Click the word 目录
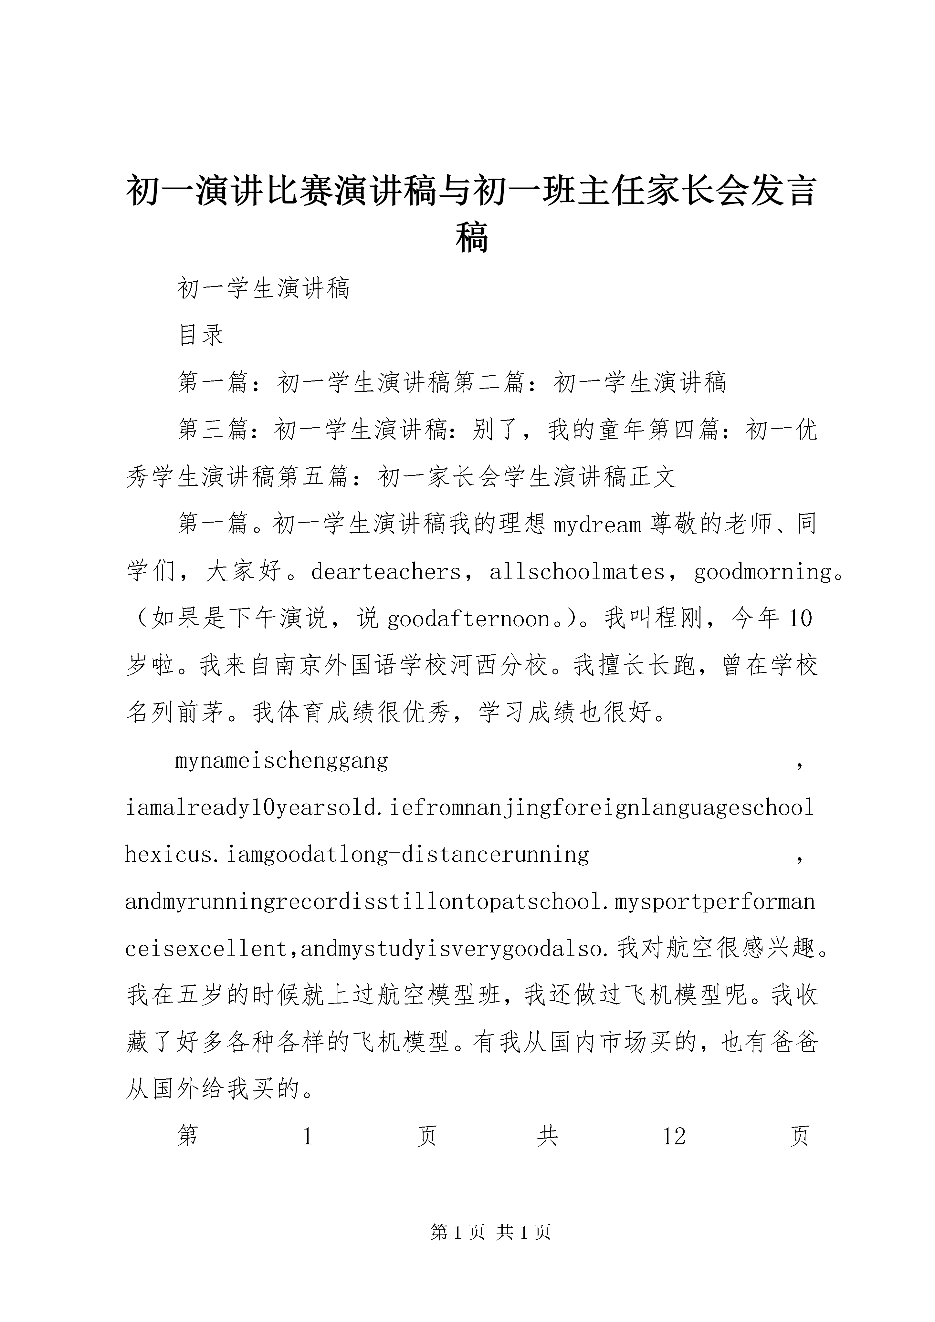[x=201, y=335]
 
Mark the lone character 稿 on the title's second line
[x=472, y=238]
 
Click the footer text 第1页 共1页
[x=490, y=1232]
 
